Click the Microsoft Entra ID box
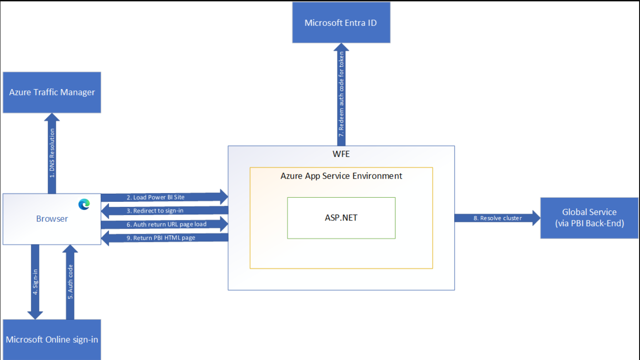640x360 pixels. [x=341, y=23]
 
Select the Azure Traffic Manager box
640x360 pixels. [x=52, y=92]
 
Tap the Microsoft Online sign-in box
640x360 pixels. [x=52, y=340]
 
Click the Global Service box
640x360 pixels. [x=589, y=218]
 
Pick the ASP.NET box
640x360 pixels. [x=341, y=218]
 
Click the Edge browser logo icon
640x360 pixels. [x=84, y=204]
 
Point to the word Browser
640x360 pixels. [x=52, y=219]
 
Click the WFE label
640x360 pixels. [x=341, y=154]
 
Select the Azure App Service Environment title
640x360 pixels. [x=341, y=176]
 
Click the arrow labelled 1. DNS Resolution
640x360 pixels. [x=52, y=153]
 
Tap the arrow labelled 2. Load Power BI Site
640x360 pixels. [x=164, y=197]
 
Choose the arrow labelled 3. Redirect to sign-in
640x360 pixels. [x=164, y=211]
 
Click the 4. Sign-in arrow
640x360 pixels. [x=35, y=282]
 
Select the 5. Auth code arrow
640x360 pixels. [x=70, y=282]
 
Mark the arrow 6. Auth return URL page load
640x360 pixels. [x=164, y=224]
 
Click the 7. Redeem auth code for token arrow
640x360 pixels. [x=341, y=95]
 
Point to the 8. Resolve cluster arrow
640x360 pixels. [x=497, y=218]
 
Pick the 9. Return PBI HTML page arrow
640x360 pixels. [x=164, y=238]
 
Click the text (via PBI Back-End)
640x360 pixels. [x=590, y=223]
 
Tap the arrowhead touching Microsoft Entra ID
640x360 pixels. [x=341, y=47]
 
